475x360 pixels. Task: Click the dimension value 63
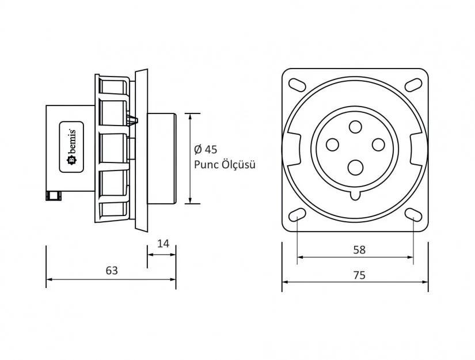tap(112, 270)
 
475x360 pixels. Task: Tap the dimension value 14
tap(163, 243)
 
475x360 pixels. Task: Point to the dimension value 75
tap(359, 275)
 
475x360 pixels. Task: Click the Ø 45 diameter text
tap(206, 150)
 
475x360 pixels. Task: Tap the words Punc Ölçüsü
tap(225, 164)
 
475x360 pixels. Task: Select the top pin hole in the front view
tap(355, 126)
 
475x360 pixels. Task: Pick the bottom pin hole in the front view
tap(355, 167)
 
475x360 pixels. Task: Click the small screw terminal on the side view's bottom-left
tap(53, 196)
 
